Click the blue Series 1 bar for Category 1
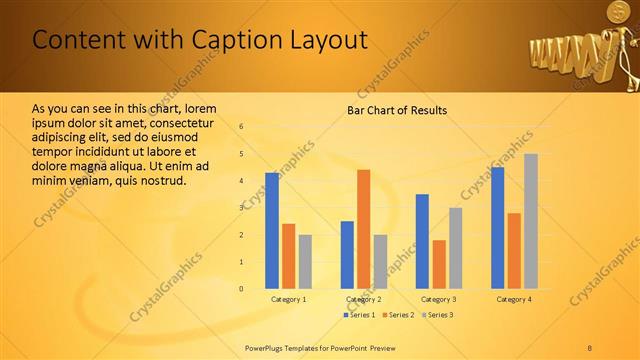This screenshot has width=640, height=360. point(272,231)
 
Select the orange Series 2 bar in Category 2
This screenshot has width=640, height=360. point(363,229)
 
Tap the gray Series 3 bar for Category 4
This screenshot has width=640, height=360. point(531,221)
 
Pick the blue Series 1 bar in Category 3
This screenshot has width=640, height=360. point(422,241)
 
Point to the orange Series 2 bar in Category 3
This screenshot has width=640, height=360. point(439,264)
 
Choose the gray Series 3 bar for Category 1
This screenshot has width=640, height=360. point(305,262)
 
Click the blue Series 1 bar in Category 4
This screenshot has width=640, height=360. point(498,228)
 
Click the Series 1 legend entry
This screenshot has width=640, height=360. point(361,315)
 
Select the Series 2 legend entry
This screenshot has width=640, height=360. point(398,315)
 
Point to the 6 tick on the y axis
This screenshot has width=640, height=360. point(241,127)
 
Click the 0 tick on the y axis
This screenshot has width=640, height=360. point(241,289)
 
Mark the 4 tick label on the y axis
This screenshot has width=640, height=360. point(241,181)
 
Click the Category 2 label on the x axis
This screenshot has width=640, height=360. point(363,299)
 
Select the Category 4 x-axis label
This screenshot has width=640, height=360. point(514,299)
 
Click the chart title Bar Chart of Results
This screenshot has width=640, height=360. point(397,110)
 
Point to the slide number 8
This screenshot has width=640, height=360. point(590,348)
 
